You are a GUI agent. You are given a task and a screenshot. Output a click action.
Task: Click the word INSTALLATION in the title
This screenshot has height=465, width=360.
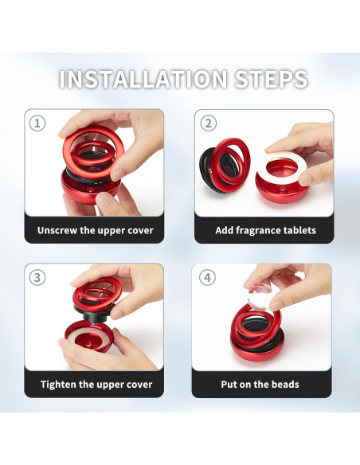143,79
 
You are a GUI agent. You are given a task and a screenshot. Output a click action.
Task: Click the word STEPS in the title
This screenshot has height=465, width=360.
271,79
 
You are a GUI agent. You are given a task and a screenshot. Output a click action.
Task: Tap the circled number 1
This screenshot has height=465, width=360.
37,123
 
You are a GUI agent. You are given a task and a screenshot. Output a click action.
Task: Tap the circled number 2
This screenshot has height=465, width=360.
209,123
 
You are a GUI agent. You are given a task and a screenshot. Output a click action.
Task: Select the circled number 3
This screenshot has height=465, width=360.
37,278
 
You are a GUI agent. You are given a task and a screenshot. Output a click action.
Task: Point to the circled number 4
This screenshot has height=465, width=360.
207,278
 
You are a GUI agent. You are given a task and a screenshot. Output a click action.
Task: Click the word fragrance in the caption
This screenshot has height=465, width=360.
258,231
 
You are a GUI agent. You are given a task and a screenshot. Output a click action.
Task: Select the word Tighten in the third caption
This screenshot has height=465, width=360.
58,385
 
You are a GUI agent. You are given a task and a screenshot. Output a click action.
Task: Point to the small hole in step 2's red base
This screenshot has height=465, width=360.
282,188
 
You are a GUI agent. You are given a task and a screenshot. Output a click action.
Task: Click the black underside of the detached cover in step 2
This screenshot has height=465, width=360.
208,169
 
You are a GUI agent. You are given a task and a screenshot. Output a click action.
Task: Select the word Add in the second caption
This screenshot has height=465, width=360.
225,230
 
